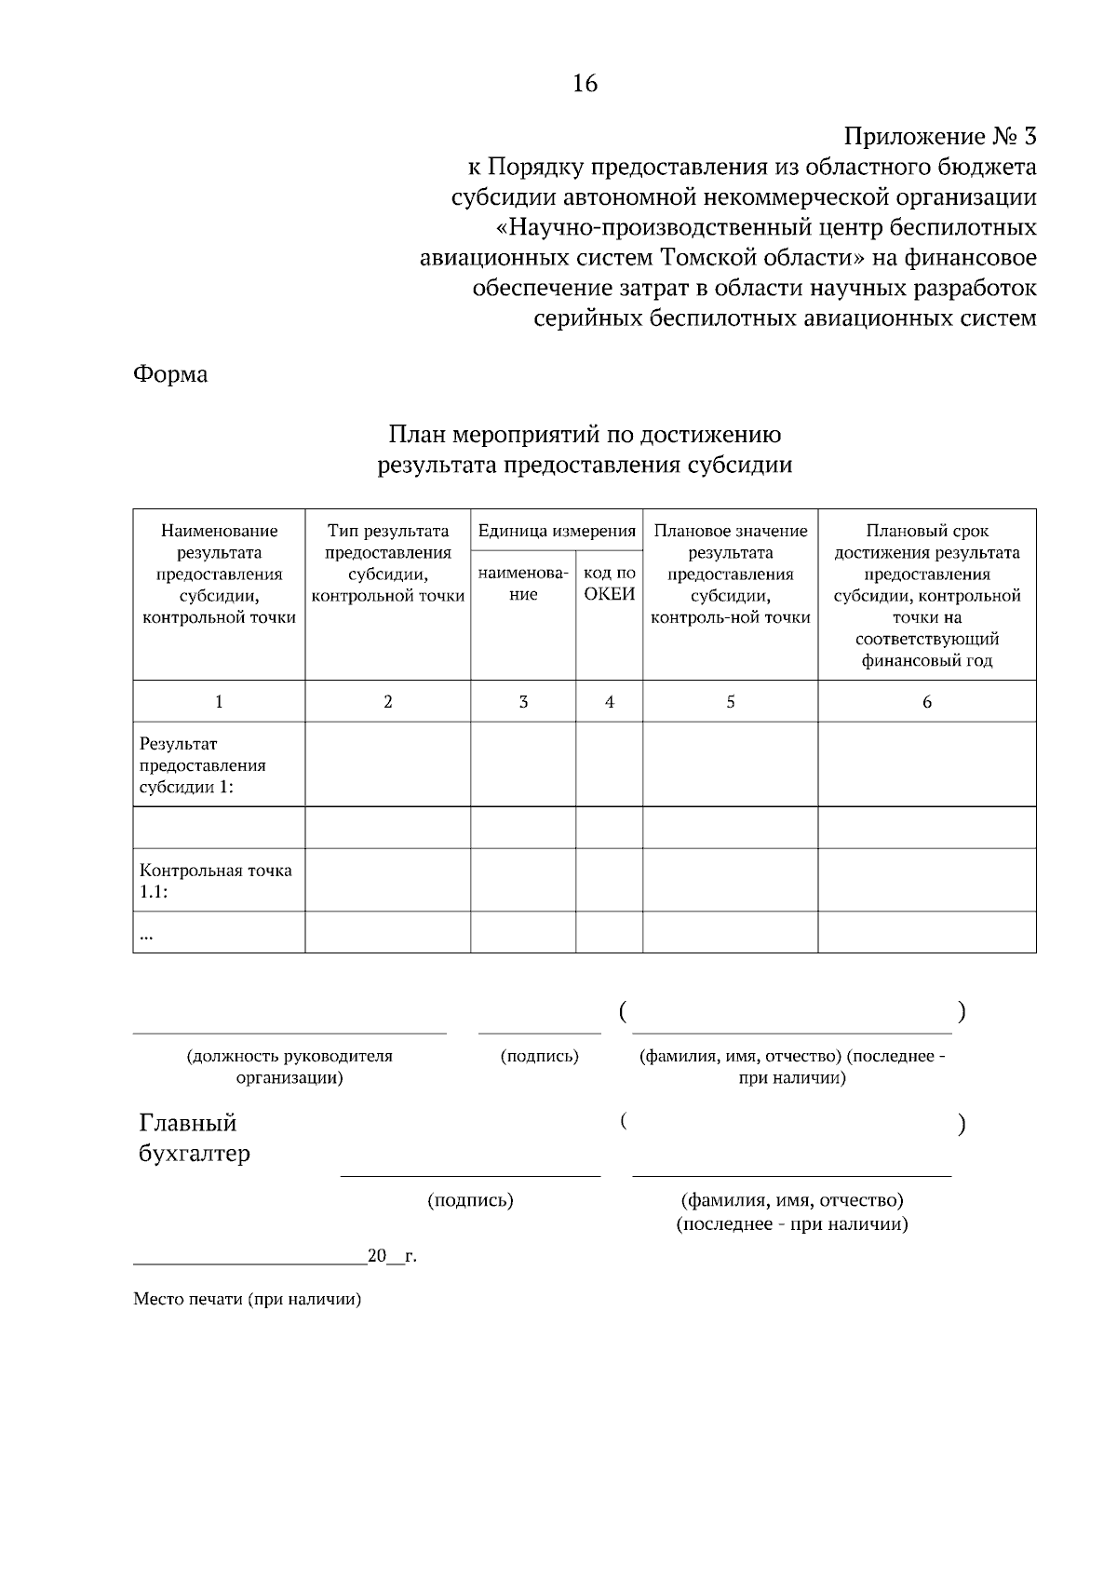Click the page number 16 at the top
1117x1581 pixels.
[x=585, y=84]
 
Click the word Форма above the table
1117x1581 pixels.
[x=170, y=374]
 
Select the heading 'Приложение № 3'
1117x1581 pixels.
[x=939, y=138]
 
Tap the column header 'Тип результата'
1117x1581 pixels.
[x=387, y=532]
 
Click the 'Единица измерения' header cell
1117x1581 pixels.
[x=557, y=531]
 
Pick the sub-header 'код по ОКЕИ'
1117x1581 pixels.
[x=609, y=584]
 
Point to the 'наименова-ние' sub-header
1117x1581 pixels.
[x=523, y=584]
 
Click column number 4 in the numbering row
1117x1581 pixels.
[x=609, y=702]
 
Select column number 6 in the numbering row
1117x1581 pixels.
[x=926, y=702]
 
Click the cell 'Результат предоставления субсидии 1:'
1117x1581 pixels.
[x=203, y=765]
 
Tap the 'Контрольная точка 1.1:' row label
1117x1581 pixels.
[x=215, y=881]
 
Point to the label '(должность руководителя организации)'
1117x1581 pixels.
[x=289, y=1067]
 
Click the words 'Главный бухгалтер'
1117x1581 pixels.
[x=194, y=1138]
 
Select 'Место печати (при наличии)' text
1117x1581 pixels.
[x=247, y=1299]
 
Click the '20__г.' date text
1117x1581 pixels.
[x=392, y=1256]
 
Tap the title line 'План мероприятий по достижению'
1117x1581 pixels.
[x=585, y=435]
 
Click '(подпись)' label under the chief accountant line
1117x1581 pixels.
[x=470, y=1200]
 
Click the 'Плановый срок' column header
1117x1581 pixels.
[x=926, y=532]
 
